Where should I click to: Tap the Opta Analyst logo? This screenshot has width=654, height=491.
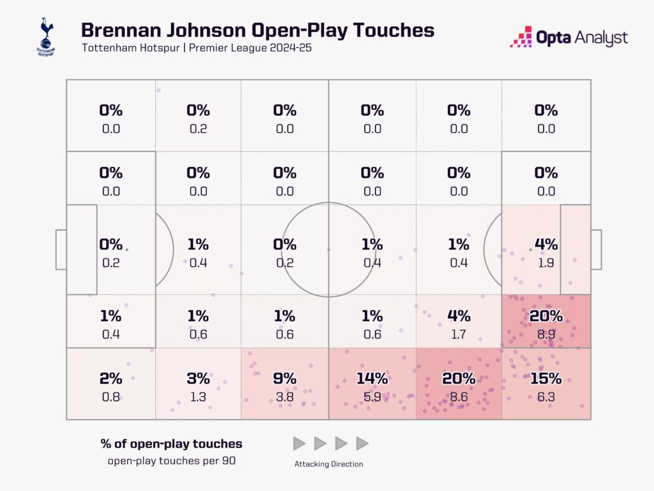[x=568, y=38]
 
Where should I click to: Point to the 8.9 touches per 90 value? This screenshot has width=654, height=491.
[x=545, y=333]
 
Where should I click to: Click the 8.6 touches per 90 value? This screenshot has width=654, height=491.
[x=459, y=396]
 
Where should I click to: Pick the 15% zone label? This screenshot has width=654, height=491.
[x=545, y=378]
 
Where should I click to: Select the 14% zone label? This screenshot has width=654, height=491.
[x=372, y=378]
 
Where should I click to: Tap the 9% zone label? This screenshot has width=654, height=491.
[x=284, y=378]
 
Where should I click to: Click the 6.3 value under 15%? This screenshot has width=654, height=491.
[x=545, y=396]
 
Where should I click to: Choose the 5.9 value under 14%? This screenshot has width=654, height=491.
[x=372, y=396]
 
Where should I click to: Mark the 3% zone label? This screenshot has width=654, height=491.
[x=198, y=378]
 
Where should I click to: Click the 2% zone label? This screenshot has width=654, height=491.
[x=110, y=378]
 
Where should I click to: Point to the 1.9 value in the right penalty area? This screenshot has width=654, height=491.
[x=545, y=262]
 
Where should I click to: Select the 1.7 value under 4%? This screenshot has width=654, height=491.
[x=459, y=333]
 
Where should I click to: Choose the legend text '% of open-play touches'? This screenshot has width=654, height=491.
[x=171, y=444]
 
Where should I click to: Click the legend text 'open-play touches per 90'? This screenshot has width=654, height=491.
[x=171, y=460]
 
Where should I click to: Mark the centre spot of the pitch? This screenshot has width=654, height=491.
[x=328, y=249]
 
